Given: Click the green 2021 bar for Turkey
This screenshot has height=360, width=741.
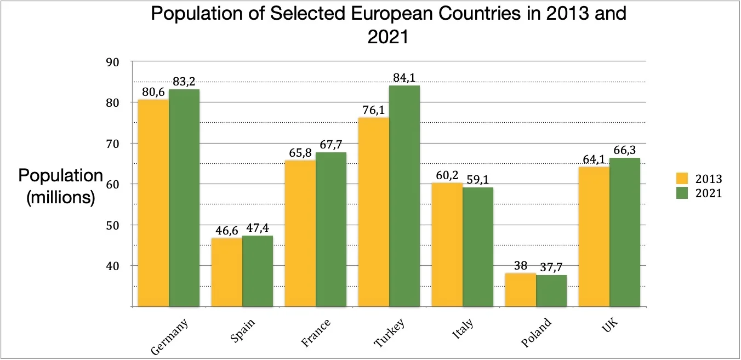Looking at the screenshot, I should (404, 196).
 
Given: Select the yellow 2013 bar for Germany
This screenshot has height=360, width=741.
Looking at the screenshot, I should (153, 203).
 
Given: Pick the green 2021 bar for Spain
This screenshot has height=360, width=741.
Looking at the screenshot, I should (258, 271).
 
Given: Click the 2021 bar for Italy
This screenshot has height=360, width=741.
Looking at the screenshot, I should (478, 247).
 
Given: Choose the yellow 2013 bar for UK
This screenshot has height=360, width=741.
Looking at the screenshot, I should (594, 236).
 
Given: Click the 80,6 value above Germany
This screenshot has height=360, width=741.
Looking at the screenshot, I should (153, 92).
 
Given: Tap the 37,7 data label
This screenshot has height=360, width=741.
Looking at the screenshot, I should (551, 267).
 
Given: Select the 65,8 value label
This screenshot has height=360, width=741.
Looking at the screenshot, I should (299, 153).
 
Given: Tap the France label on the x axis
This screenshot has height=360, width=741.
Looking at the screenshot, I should (317, 332).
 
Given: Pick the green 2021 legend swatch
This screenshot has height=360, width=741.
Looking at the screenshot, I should (682, 193).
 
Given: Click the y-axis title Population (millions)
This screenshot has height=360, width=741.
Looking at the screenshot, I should (61, 186).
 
